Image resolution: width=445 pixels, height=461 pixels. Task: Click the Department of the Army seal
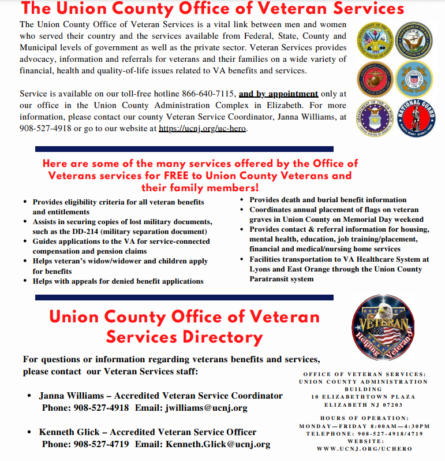pyautogui.click(x=375, y=40)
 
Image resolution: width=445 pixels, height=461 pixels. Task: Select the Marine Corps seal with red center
pyautogui.click(x=375, y=79)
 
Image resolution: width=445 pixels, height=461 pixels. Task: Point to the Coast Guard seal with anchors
pyautogui.click(x=414, y=79)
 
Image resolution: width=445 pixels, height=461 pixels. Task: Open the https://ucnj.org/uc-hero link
pyautogui.click(x=203, y=129)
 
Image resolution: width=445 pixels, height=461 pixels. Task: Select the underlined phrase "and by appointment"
pyautogui.click(x=278, y=94)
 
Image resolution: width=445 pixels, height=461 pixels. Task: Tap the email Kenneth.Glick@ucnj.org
pyautogui.click(x=218, y=444)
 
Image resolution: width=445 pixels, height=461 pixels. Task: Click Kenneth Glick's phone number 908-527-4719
pyautogui.click(x=101, y=444)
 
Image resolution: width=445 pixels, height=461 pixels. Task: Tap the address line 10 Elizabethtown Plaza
pyautogui.click(x=363, y=397)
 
